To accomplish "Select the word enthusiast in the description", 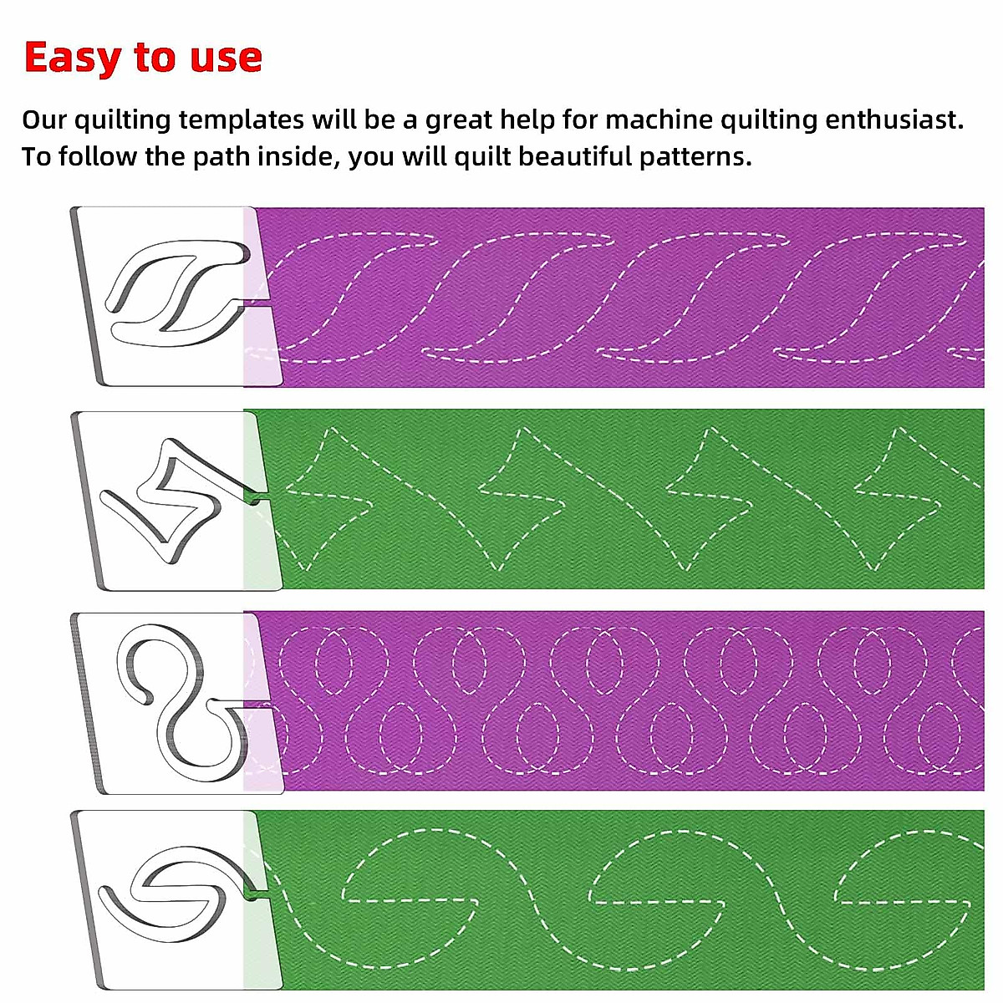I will pyautogui.click(x=894, y=120).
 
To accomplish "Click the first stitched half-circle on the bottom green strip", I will pyautogui.click(x=410, y=869).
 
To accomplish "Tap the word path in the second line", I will pyautogui.click(x=221, y=156).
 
